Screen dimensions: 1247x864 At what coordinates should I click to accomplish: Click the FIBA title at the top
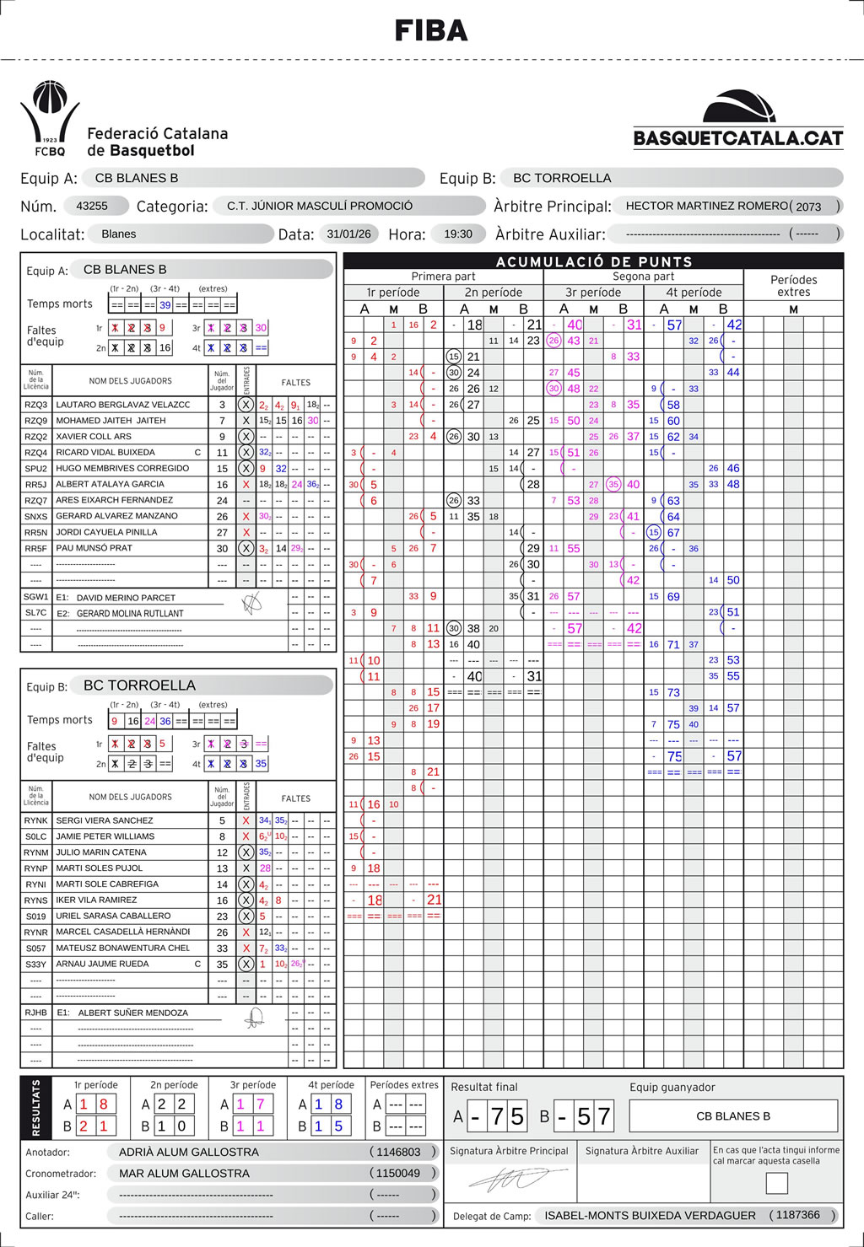431,31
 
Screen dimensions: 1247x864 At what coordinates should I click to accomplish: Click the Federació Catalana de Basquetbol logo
51,119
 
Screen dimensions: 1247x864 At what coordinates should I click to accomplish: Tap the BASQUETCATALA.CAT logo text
738,138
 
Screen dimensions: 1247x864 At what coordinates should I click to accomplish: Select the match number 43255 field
92,206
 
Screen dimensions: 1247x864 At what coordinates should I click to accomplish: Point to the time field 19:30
458,234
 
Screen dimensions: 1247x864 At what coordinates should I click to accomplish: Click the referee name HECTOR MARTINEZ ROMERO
706,206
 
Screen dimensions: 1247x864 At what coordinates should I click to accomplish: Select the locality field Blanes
119,234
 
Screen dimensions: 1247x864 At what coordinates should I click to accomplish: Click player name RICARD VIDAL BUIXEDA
105,452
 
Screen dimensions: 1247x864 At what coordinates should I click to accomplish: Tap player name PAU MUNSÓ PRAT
94,548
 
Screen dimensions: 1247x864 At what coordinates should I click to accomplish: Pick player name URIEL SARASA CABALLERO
113,916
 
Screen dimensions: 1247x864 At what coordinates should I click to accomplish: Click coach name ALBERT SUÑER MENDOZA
133,1013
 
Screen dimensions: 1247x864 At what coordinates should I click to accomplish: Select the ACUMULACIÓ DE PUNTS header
594,261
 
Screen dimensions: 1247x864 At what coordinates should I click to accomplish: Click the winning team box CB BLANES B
732,1115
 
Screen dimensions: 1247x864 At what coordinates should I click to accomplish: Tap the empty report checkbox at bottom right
776,1183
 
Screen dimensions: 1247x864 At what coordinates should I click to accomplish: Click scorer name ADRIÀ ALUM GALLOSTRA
189,1152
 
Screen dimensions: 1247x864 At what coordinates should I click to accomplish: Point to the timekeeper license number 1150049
398,1173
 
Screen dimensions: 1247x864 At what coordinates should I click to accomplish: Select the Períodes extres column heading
793,286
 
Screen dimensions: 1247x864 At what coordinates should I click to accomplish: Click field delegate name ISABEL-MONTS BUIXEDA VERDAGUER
650,1215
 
